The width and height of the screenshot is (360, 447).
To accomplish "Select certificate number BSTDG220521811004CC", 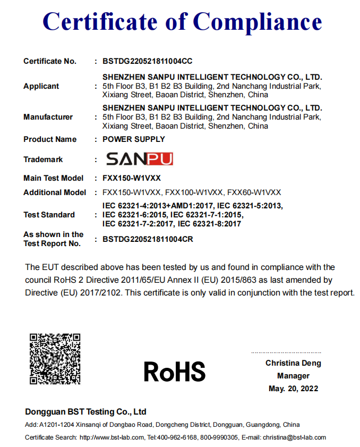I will [x=147, y=61].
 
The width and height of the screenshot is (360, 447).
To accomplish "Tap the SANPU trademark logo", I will [x=139, y=159].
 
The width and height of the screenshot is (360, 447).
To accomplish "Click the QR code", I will [x=55, y=358].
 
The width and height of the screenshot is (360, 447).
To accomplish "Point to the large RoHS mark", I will [x=174, y=372].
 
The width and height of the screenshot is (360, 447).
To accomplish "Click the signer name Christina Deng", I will [x=293, y=364].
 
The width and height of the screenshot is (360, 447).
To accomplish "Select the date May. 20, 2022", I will [x=293, y=389].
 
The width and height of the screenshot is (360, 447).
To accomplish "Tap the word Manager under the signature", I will [x=293, y=376].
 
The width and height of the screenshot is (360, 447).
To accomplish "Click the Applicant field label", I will [x=41, y=86].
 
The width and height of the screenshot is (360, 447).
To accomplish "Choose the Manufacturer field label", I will [x=48, y=117].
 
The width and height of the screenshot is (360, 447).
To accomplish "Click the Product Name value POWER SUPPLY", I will [x=133, y=139].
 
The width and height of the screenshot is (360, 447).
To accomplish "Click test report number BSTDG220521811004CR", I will [x=147, y=239].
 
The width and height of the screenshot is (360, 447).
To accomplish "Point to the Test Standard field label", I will [x=49, y=215].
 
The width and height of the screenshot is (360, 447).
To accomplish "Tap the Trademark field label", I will [x=43, y=159].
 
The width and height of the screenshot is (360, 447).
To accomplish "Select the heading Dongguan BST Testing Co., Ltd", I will [x=85, y=412].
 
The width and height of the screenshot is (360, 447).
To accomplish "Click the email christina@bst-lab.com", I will [x=295, y=437].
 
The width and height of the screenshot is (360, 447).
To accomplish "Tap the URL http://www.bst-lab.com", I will [x=112, y=437].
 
